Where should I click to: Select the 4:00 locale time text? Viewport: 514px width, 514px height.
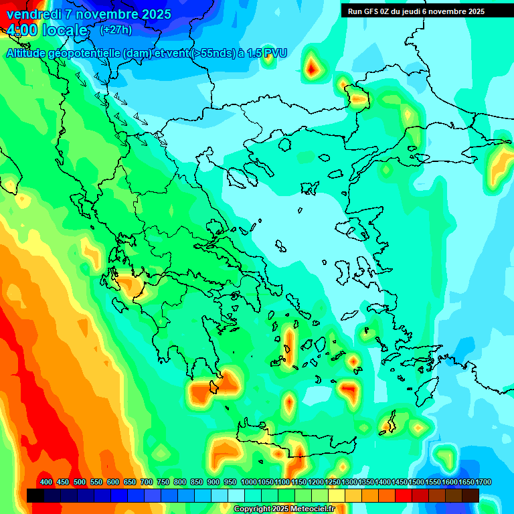point(47,30)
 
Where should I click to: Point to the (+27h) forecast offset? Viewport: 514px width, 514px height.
point(116,30)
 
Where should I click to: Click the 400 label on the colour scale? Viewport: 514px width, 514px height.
point(46,483)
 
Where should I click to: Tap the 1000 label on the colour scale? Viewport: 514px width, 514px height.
point(248,483)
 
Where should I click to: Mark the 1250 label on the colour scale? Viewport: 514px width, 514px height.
point(333,483)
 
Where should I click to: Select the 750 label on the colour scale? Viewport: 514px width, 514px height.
point(163,483)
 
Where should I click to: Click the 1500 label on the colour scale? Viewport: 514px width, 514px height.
point(416,483)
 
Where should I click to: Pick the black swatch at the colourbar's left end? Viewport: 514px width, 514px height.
point(35,495)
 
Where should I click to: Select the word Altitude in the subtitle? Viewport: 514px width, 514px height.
point(26,54)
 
